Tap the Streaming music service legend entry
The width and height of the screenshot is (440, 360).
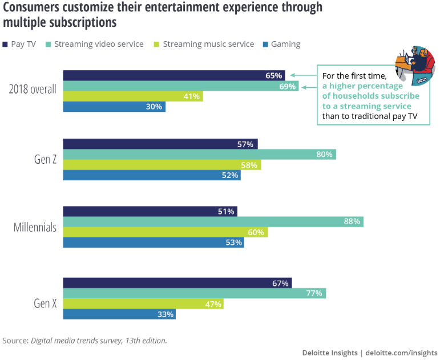click(204, 44)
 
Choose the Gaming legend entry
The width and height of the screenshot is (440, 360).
click(281, 44)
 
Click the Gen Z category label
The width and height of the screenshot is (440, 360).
click(45, 159)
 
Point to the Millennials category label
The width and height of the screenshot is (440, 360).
click(35, 227)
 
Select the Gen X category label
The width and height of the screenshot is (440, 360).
click(45, 303)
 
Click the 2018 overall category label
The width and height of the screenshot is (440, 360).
click(33, 90)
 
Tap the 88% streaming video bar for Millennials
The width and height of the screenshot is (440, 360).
click(212, 221)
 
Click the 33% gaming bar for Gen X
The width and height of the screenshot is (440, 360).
click(119, 314)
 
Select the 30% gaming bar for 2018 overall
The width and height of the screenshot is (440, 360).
click(114, 107)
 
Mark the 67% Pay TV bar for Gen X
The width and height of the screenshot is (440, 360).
click(176, 283)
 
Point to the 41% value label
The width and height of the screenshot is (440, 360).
click(192, 96)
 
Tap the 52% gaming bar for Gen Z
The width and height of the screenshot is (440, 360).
click(151, 175)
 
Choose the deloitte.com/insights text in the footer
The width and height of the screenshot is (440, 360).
click(401, 353)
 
